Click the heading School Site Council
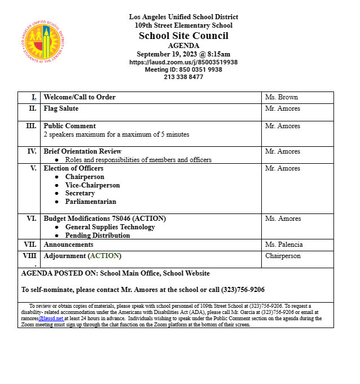(x=183, y=36)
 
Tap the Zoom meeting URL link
(x=183, y=62)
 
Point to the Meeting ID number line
(x=183, y=69)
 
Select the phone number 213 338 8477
(x=183, y=77)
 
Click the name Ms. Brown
(x=282, y=97)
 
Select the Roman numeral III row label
(x=31, y=126)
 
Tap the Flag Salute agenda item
(x=61, y=108)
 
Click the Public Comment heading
(x=69, y=126)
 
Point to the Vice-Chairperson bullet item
(x=93, y=185)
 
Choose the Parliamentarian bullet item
(x=90, y=202)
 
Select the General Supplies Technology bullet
(x=110, y=227)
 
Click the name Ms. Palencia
(x=284, y=245)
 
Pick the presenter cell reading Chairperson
(x=283, y=256)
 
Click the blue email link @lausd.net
(x=51, y=318)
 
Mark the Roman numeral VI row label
(x=31, y=219)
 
